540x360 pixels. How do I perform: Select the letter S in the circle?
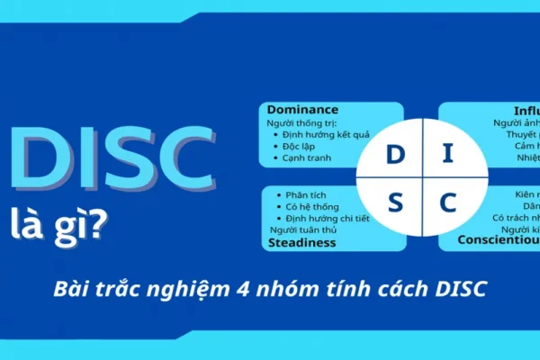coord(395,203)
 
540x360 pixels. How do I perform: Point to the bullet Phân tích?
coord(307,195)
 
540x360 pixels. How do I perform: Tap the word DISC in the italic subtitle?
coord(460,291)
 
